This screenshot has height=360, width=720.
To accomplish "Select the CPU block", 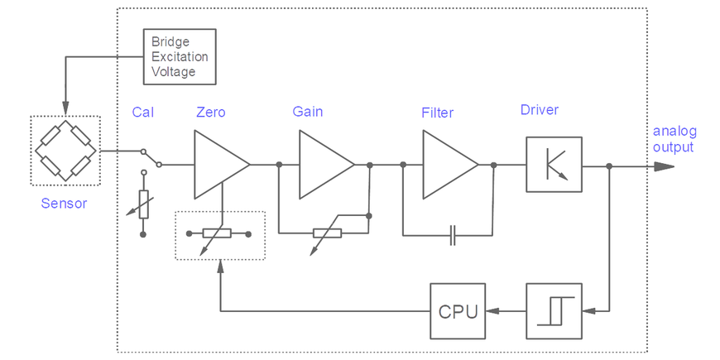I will click(x=457, y=311).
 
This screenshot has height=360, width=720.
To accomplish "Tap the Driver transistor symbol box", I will click(x=554, y=165).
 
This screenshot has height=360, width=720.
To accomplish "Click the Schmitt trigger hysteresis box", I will click(x=554, y=311).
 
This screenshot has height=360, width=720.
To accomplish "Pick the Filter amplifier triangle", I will click(x=448, y=165).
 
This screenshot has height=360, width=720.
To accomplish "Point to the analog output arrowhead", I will click(x=664, y=166).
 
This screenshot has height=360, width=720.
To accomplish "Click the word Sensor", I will click(x=64, y=203).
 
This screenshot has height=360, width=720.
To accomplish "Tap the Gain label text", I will click(x=308, y=112).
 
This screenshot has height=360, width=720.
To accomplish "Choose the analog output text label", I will click(x=674, y=139).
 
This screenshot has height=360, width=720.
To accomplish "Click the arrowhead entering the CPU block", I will click(x=492, y=311).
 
